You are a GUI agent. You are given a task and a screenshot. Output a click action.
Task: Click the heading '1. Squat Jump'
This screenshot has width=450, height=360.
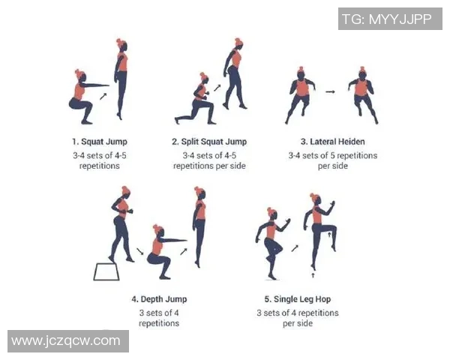(100, 142)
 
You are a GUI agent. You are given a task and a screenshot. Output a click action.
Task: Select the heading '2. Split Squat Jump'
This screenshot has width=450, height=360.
(209, 142)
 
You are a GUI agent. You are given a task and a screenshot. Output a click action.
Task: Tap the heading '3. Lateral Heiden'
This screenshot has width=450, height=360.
(332, 142)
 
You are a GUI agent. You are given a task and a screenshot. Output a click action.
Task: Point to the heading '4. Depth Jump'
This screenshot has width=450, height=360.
(159, 299)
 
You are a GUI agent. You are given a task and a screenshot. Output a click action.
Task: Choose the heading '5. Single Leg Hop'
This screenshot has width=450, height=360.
(298, 299)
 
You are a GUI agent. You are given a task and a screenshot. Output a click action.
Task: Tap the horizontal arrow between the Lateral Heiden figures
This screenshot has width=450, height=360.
(330, 91)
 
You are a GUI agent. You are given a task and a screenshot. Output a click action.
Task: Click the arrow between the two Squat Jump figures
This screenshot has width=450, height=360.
(103, 96)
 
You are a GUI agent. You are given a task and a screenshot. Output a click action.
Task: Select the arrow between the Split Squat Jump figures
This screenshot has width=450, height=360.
(217, 88)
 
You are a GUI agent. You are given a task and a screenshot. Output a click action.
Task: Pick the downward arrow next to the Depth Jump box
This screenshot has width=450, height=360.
(140, 251)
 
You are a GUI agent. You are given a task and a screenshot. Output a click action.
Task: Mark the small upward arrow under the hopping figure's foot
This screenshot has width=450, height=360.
(313, 275)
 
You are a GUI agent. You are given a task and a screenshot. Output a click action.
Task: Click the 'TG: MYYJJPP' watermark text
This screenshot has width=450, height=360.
(387, 19)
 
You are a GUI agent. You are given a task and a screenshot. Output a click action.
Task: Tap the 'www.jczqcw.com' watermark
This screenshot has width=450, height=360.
(66, 340)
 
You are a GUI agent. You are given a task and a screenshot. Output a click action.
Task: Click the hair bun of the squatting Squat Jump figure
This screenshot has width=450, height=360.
(77, 72)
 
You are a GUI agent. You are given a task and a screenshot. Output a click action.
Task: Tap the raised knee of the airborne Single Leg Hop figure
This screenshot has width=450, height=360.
(333, 229)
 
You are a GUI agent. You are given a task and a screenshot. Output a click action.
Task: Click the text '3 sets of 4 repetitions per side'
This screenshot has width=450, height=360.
(298, 318)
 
